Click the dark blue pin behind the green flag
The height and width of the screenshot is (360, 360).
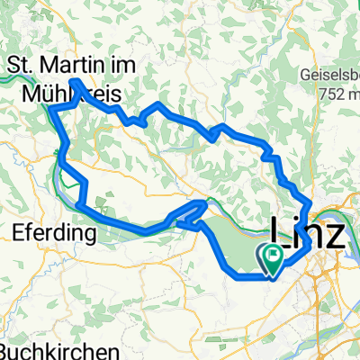pos(268,260)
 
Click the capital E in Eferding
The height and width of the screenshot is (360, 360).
pos(20,232)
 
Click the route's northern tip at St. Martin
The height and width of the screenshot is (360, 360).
pos(74,81)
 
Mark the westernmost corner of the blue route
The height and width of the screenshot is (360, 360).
pos(51,109)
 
